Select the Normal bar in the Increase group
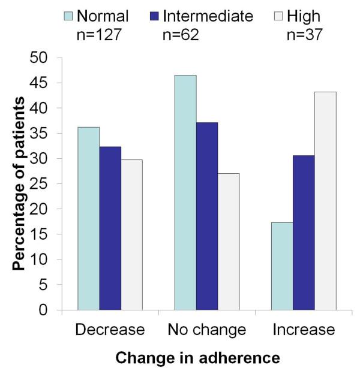[x=282, y=267]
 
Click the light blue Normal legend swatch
[x=68, y=16]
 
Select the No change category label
[x=206, y=330]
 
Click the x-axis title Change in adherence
[x=197, y=357]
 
